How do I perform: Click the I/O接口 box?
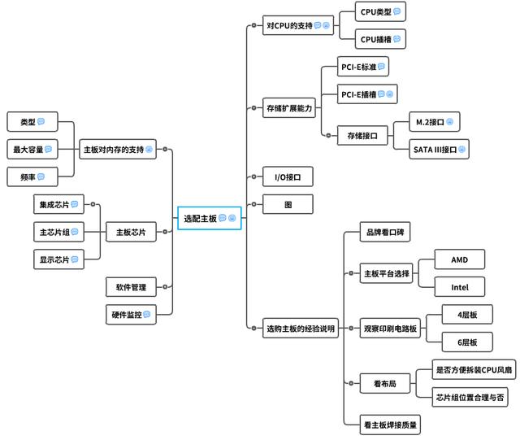288,176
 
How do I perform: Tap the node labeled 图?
288,204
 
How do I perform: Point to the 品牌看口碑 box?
387,233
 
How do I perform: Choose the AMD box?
460,259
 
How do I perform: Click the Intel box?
460,287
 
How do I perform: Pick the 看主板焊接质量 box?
392,424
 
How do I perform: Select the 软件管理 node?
130,287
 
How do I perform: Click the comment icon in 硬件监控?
147,314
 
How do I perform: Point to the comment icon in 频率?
41,176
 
